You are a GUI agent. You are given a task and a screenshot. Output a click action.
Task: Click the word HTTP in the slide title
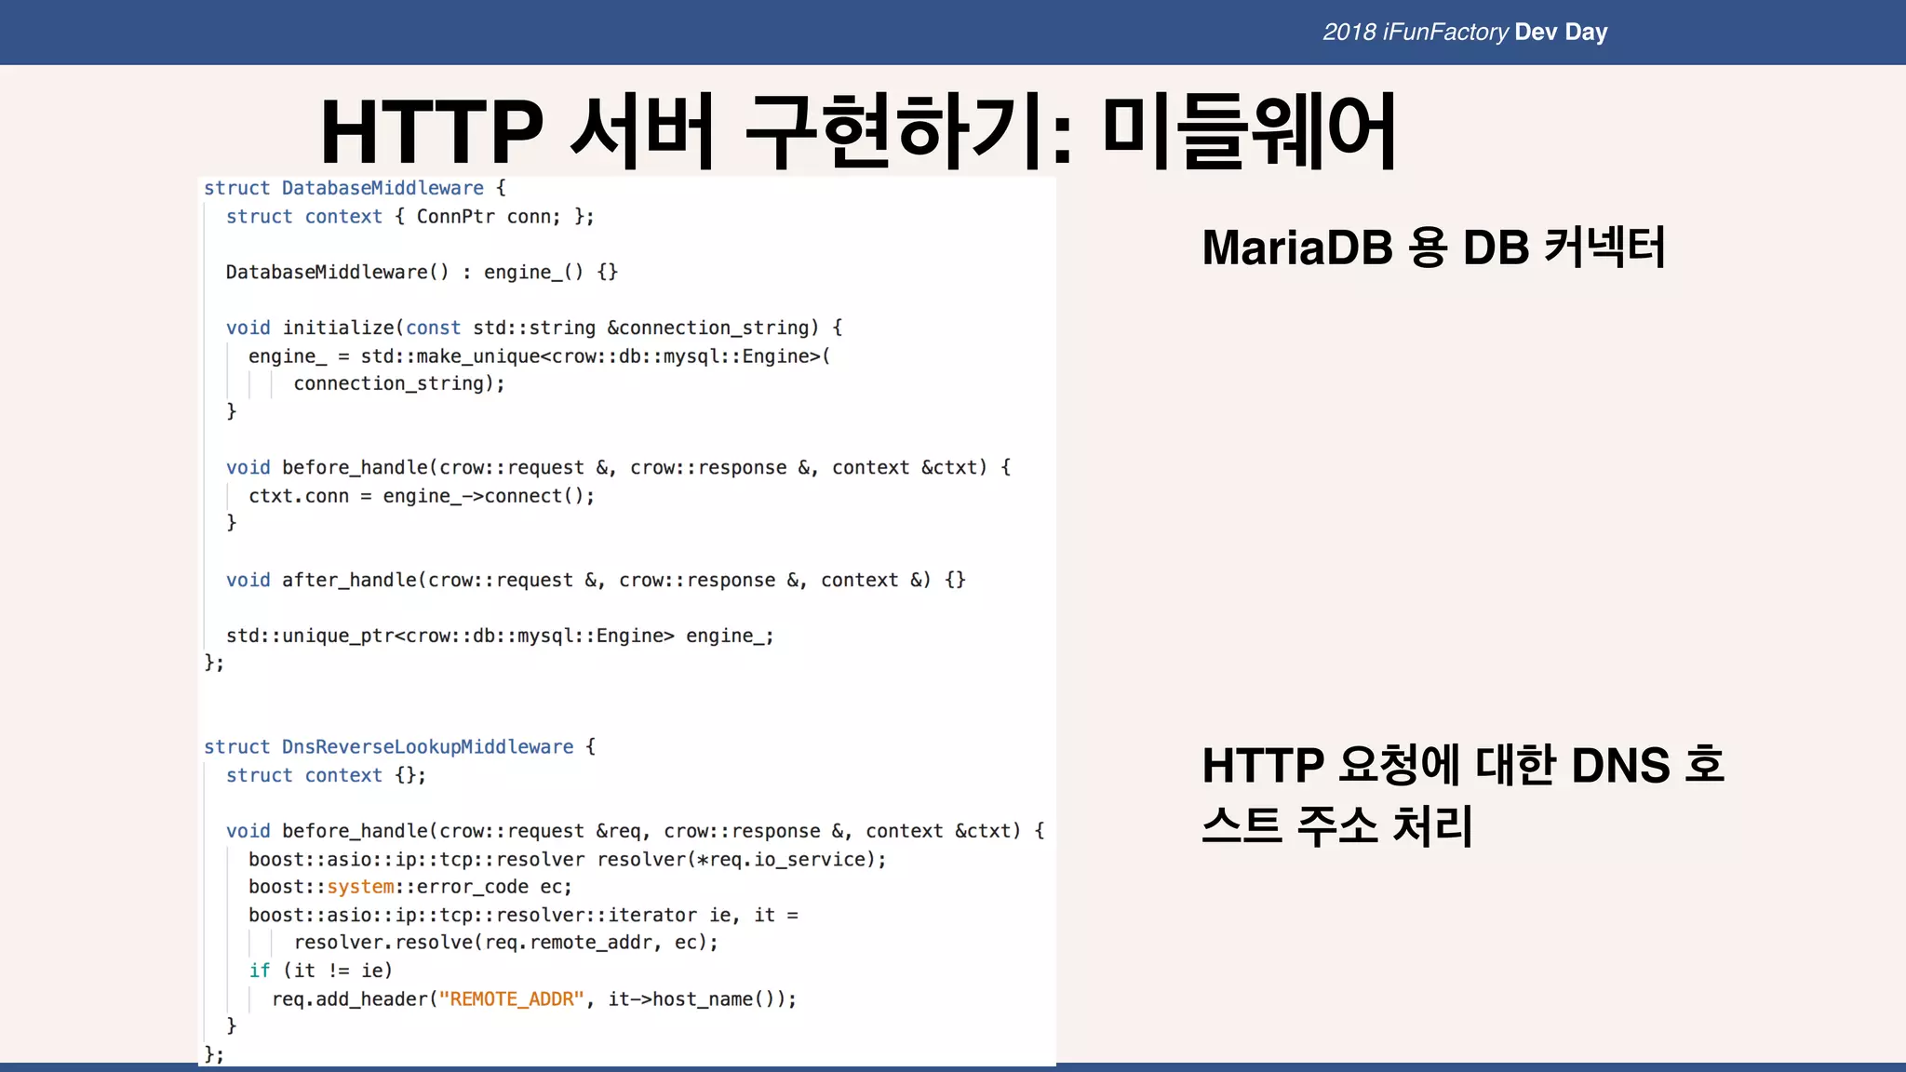point(431,132)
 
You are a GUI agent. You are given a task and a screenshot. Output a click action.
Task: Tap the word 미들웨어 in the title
point(1249,132)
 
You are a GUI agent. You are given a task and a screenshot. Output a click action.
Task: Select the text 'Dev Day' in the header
point(1561,33)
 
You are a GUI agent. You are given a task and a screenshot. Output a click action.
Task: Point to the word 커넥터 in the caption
point(1604,248)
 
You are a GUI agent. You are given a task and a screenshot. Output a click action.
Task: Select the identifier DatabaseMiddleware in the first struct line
point(383,188)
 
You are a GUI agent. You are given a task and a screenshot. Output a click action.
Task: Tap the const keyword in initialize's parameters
point(433,328)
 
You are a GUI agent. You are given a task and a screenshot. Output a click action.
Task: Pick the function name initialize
point(339,328)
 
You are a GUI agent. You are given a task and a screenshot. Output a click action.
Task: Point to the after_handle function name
point(349,581)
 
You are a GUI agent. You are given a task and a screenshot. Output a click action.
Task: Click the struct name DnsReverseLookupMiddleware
point(427,747)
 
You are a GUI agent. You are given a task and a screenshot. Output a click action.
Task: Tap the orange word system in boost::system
point(360,887)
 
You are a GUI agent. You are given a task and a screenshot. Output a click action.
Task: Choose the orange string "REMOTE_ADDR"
point(511,999)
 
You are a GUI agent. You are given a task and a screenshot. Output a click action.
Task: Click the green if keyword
point(259,971)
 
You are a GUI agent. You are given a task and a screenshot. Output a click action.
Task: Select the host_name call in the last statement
point(702,999)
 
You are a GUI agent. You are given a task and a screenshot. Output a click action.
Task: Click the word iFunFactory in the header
point(1445,33)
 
